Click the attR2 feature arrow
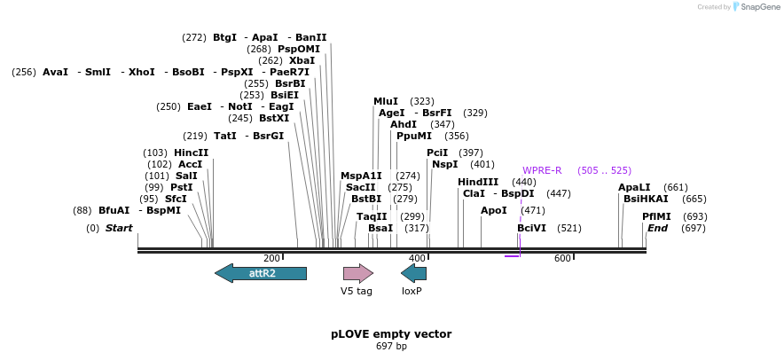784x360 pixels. [261, 273]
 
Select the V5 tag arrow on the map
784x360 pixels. [358, 273]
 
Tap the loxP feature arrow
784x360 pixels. [413, 273]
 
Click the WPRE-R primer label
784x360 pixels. [542, 170]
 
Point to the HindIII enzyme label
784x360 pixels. [478, 182]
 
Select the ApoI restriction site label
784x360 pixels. [494, 210]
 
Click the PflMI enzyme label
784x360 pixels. [656, 216]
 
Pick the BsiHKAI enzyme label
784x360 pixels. [646, 199]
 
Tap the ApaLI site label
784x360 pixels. [634, 187]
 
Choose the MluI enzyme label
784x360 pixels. [386, 101]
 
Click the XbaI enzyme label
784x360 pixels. [302, 60]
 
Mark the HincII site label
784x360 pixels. [191, 153]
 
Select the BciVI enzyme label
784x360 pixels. [531, 228]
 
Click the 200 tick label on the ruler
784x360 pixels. [271, 258]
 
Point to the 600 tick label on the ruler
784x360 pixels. [562, 258]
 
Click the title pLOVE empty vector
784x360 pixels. [391, 334]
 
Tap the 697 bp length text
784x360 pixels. [391, 346]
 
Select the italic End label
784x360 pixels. [657, 228]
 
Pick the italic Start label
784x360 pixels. [119, 228]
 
